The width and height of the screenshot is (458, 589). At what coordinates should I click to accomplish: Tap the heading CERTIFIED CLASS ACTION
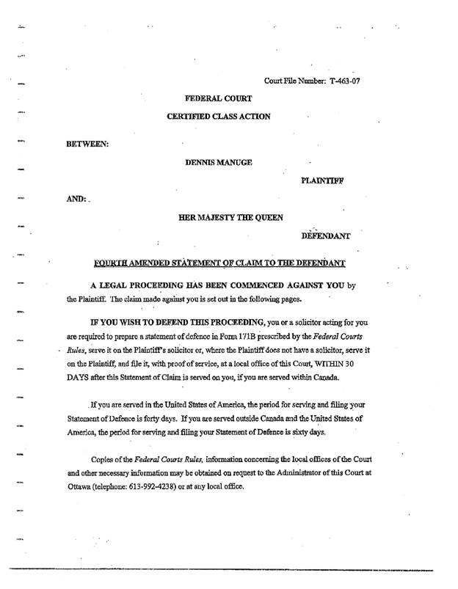[217, 116]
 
